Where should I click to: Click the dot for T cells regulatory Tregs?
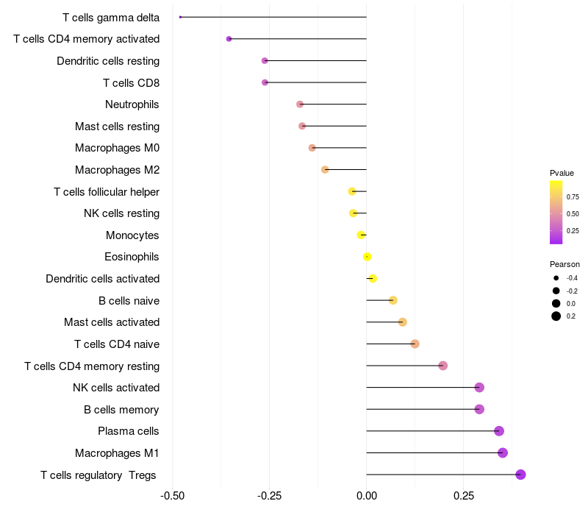click(x=520, y=475)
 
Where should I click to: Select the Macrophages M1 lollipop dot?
click(x=503, y=452)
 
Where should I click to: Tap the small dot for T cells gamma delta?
click(x=180, y=17)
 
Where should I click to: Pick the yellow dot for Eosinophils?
click(x=367, y=257)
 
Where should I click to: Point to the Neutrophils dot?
click(x=300, y=104)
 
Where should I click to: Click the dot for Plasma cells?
click(x=499, y=431)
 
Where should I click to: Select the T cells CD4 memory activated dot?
click(x=229, y=39)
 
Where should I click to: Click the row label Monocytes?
click(x=132, y=235)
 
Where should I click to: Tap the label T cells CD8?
click(x=131, y=82)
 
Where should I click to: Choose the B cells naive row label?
click(x=129, y=300)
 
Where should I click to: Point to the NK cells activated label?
click(x=116, y=388)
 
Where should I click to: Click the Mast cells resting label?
click(x=117, y=127)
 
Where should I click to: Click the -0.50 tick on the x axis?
click(x=172, y=497)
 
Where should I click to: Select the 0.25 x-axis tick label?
click(x=464, y=497)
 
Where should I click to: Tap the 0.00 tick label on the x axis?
click(x=367, y=497)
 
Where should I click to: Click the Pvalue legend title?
click(x=562, y=173)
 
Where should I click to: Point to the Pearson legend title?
click(x=564, y=264)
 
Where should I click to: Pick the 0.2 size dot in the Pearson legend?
click(x=556, y=316)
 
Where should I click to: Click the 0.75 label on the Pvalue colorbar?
click(x=573, y=197)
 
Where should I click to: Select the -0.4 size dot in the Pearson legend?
click(x=556, y=278)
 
